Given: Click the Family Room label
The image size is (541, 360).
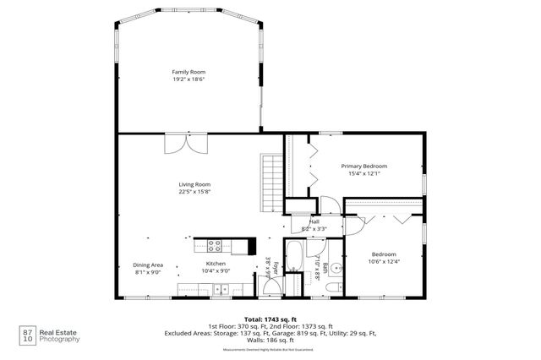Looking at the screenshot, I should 188,72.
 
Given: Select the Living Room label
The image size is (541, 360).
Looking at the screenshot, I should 194,184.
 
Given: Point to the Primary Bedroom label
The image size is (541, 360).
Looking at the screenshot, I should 364,166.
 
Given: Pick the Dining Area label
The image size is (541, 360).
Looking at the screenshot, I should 149,264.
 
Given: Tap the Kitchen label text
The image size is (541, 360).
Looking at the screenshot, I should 215,264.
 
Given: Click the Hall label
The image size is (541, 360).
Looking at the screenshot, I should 314,221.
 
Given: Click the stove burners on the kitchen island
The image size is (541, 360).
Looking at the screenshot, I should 213,246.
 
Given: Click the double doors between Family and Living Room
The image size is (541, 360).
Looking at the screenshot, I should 183,143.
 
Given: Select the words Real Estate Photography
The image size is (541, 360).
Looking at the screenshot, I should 62,335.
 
